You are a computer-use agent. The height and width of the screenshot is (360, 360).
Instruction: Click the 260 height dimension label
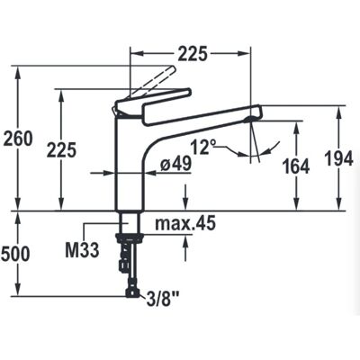(x=18, y=139)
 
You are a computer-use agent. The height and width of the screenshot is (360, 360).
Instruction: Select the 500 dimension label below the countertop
(x=15, y=254)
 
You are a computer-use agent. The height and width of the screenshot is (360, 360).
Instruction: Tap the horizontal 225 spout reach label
(x=193, y=54)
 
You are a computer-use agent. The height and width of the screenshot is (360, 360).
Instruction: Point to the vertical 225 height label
(x=61, y=150)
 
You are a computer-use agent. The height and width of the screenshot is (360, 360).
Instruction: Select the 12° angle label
(x=204, y=148)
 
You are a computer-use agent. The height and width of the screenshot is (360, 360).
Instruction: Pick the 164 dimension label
(x=296, y=166)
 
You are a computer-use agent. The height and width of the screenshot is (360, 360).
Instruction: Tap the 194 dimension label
(x=339, y=158)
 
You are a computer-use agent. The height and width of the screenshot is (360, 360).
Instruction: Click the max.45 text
(x=185, y=223)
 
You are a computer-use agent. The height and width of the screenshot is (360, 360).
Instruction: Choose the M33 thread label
(x=82, y=250)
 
